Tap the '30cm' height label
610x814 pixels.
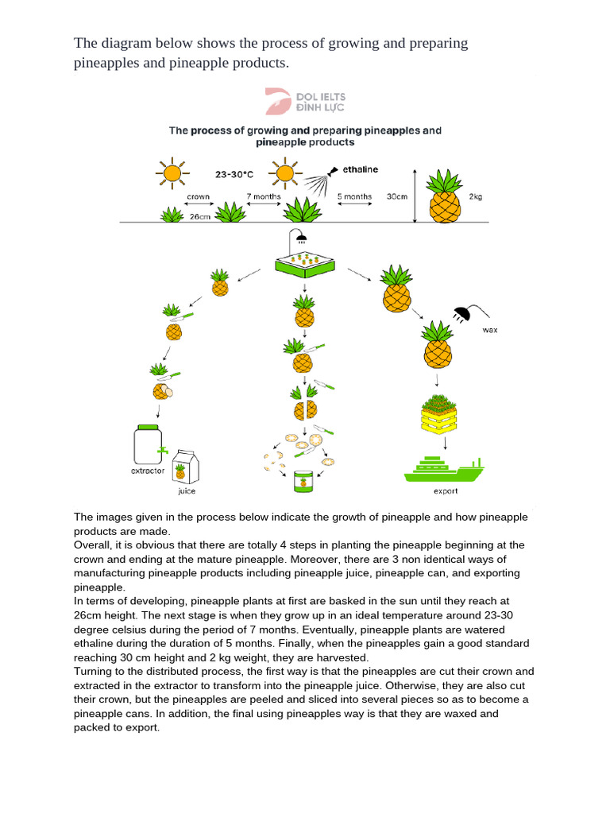pos(397,196)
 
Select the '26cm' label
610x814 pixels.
pos(200,216)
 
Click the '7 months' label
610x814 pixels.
pos(264,196)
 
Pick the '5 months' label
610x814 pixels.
pos(354,196)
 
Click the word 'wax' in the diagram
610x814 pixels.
pos(490,330)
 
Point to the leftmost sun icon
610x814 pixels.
pos(172,172)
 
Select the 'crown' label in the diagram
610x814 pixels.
pos(198,196)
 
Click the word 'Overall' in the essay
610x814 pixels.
pos(93,545)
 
